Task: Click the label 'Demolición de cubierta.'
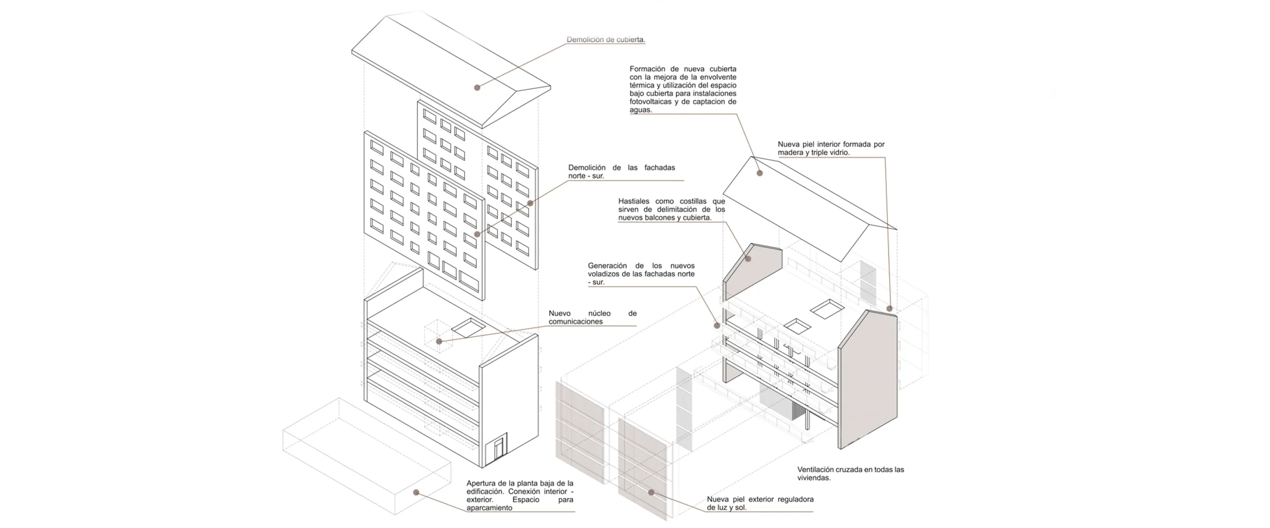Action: click(606, 40)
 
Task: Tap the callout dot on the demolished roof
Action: click(477, 88)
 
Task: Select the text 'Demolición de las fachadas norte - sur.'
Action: click(622, 172)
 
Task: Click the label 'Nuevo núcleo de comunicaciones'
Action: click(592, 318)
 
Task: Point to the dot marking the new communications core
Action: click(439, 341)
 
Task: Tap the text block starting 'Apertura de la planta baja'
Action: click(520, 495)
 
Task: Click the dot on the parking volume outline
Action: click(416, 493)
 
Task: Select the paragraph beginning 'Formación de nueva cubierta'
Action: click(683, 89)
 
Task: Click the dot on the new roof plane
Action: click(760, 173)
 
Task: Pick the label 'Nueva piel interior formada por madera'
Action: click(831, 148)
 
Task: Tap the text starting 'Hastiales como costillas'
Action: click(672, 209)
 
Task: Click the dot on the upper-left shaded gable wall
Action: click(749, 259)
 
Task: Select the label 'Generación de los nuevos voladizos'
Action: click(641, 274)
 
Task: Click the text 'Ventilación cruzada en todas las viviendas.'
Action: click(851, 473)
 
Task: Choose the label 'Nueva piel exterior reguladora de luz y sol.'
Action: click(760, 503)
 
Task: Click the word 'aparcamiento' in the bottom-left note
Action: click(489, 508)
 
